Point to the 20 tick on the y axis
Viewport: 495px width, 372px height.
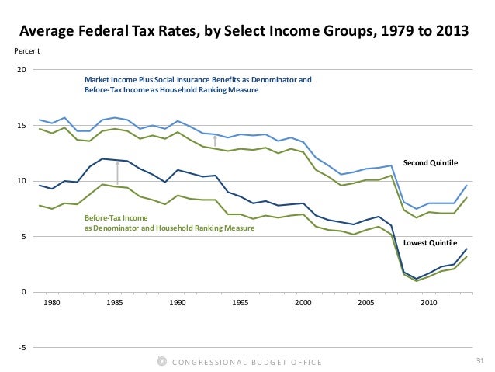coord(22,70)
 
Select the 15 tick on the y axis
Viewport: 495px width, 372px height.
coord(22,126)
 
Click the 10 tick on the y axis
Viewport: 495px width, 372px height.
coord(22,181)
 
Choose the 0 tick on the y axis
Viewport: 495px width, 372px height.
coord(24,292)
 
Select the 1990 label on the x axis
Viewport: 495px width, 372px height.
coord(178,301)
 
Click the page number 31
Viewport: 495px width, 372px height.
coord(478,361)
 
